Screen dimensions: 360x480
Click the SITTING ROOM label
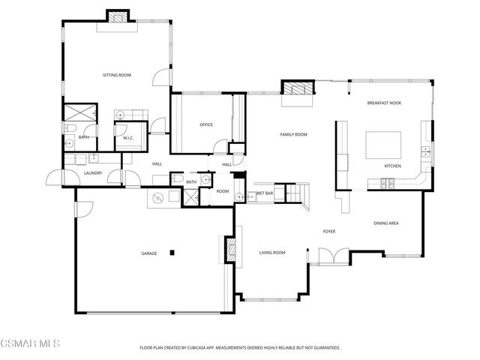coord(117,75)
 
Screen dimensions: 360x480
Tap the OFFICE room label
coord(207,124)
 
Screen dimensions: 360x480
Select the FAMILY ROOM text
coord(294,134)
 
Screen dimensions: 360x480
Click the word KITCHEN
coord(392,165)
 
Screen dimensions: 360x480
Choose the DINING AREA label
coord(385,223)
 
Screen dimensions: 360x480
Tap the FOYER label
coord(328,231)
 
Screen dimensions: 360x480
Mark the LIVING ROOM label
coord(272,253)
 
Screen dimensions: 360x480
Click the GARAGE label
coord(148,253)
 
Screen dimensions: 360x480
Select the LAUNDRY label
coord(93,173)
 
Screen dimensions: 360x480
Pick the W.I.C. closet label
coord(127,137)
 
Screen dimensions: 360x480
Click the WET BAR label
coord(264,193)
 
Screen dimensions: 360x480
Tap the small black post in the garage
coord(172,253)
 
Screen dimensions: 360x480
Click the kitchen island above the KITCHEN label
coord(382,144)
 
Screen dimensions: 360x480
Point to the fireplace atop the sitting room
coord(117,16)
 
